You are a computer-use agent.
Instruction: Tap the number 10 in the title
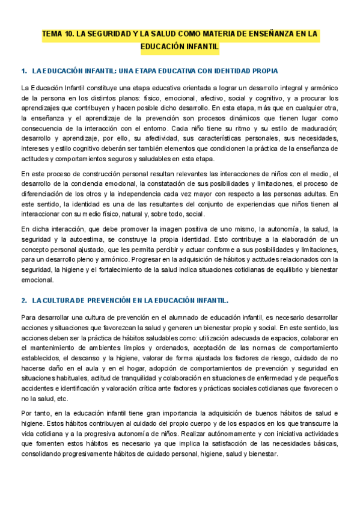pyautogui.click(x=72, y=35)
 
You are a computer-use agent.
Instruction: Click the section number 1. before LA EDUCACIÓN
pyautogui.click(x=24, y=71)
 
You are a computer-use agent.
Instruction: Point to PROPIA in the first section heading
pyautogui.click(x=262, y=71)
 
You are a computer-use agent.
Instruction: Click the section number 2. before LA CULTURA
pyautogui.click(x=24, y=300)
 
